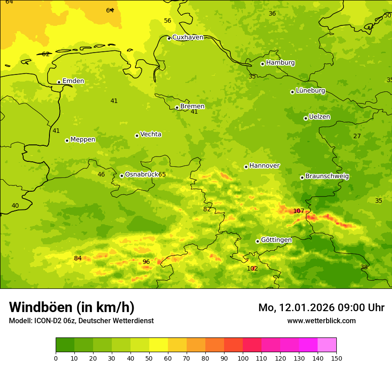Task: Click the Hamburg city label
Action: (x=280, y=63)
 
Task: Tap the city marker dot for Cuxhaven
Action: (x=169, y=38)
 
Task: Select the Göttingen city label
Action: (x=276, y=240)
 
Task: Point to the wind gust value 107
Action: (x=298, y=211)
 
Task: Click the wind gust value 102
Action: (x=252, y=268)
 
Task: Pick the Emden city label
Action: (x=73, y=81)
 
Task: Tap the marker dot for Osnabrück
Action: (x=122, y=176)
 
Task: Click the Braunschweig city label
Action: (x=327, y=176)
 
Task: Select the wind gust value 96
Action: (x=146, y=262)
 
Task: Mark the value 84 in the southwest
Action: (x=78, y=258)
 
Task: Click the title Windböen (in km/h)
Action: (x=72, y=307)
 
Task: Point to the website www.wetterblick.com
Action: (x=321, y=321)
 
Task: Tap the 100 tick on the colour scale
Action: (x=243, y=358)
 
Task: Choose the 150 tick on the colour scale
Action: (x=336, y=358)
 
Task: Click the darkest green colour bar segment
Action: (x=65, y=345)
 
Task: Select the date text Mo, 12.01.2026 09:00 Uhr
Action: (x=321, y=308)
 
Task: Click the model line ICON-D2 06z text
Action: (x=81, y=321)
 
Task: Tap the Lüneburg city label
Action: (x=310, y=90)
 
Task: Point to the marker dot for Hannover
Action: (x=246, y=167)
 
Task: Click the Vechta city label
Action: (x=151, y=134)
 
